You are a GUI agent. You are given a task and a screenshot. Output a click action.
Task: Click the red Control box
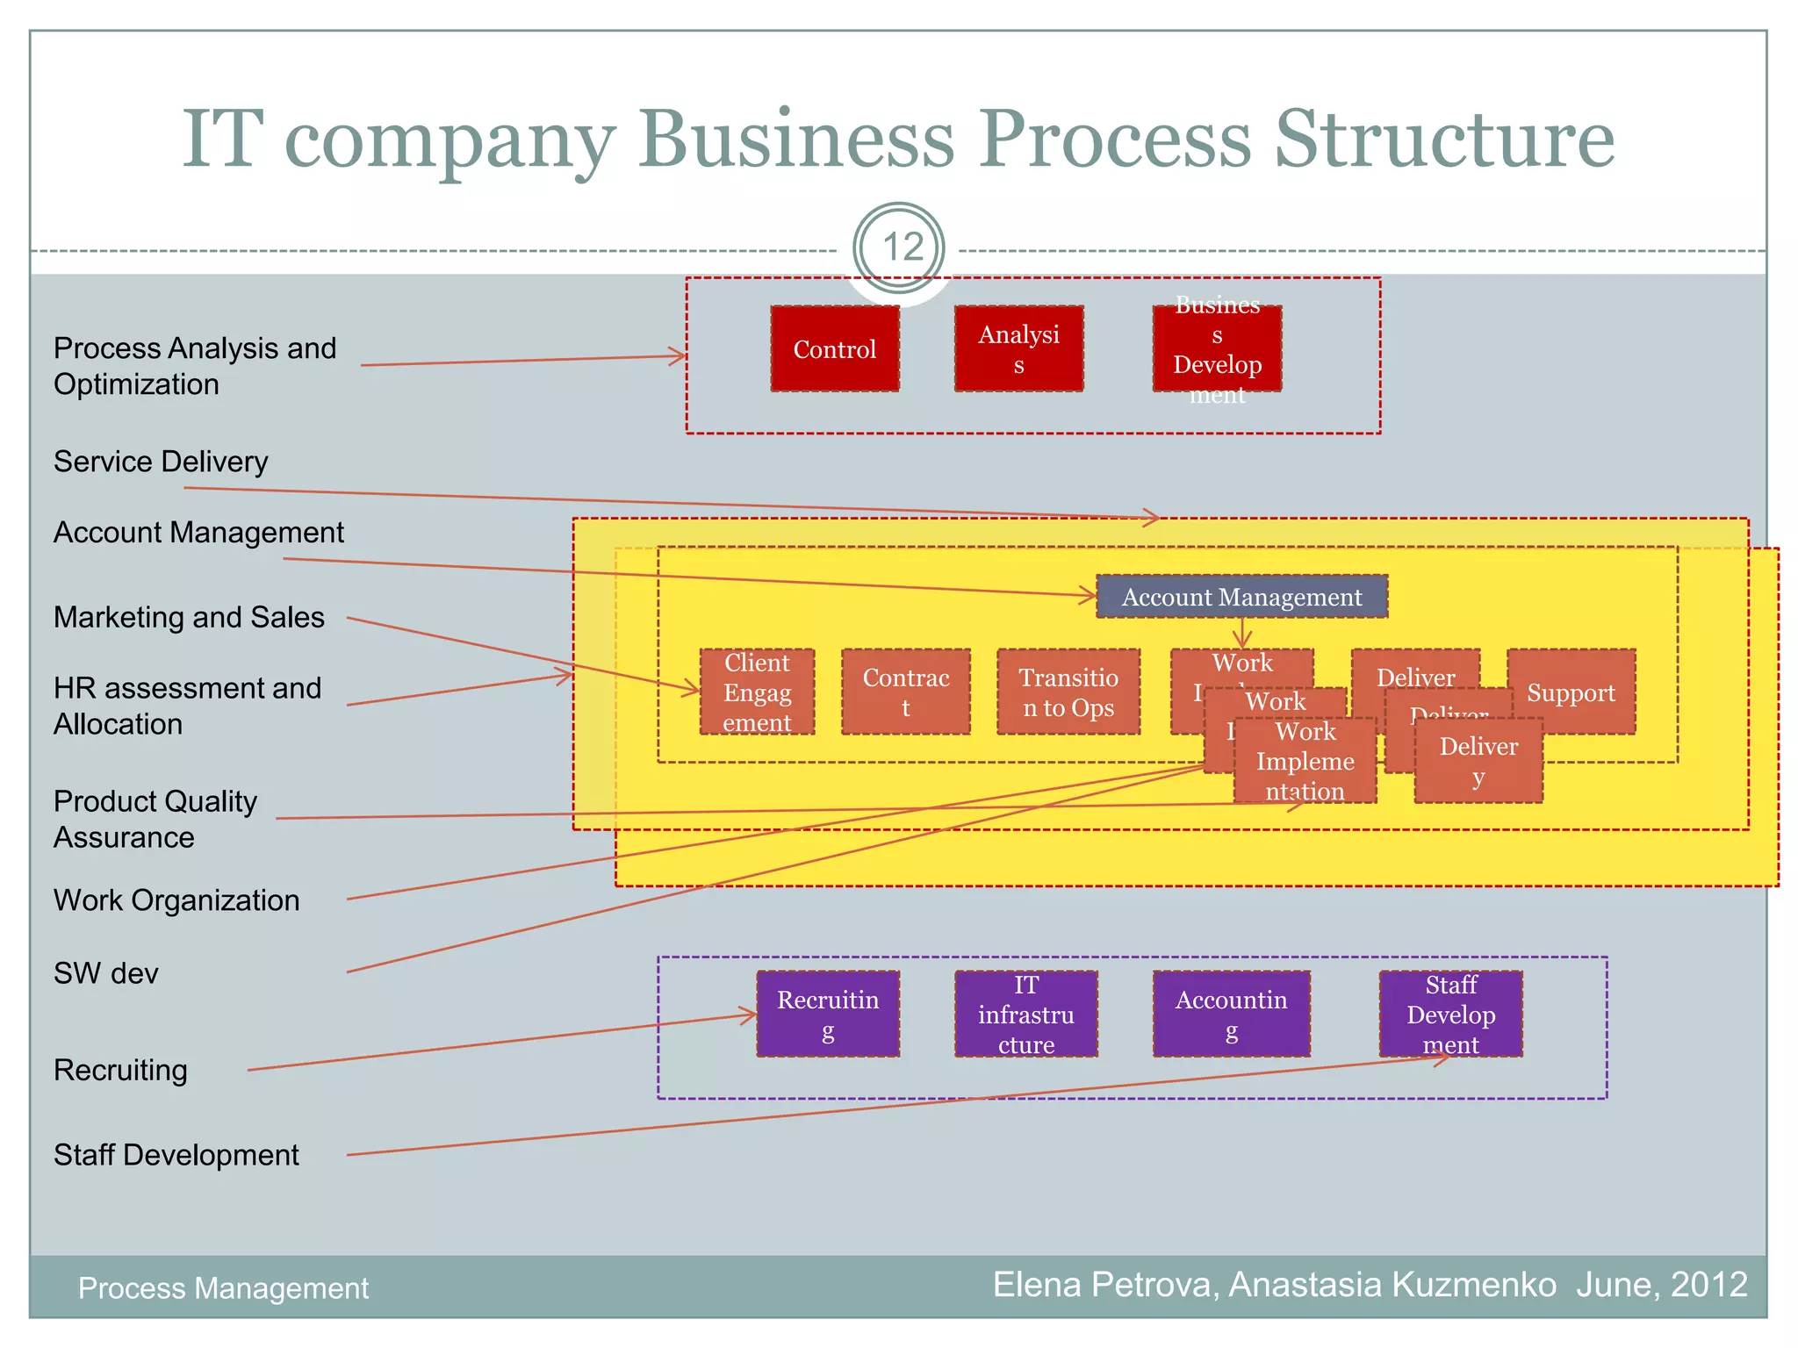(x=835, y=349)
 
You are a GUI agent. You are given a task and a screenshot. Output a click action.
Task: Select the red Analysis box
(x=1018, y=349)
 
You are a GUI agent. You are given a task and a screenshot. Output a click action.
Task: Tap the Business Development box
(x=1217, y=349)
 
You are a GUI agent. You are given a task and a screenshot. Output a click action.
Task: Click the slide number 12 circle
(x=900, y=248)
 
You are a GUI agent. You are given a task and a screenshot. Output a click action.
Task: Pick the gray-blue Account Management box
(x=1241, y=597)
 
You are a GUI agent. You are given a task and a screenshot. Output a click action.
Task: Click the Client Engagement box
(x=757, y=692)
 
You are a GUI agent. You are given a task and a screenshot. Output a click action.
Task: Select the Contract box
(x=905, y=692)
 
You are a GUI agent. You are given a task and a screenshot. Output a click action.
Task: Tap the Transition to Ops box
(x=1068, y=692)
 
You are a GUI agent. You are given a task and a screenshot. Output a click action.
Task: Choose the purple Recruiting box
(x=827, y=1015)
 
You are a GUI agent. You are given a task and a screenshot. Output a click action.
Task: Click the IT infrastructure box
(x=1025, y=1015)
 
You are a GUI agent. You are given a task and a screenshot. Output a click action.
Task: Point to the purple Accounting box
(x=1231, y=1015)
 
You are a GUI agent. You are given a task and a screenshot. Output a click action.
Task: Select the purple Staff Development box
(x=1450, y=1015)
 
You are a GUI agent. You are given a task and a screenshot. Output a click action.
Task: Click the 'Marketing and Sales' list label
(x=189, y=617)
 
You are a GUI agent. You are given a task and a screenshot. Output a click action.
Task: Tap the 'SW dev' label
(x=105, y=973)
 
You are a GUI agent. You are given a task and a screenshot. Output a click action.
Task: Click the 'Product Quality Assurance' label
(x=155, y=819)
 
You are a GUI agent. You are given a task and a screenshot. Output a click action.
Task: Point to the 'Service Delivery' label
(x=161, y=462)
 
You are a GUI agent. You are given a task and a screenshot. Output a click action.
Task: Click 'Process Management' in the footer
(x=223, y=1288)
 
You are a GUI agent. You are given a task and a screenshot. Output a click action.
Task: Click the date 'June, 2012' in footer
(x=1661, y=1285)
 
